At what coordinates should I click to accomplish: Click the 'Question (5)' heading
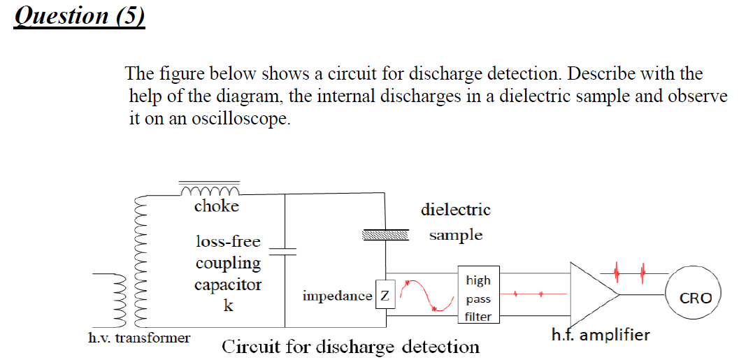pos(79,15)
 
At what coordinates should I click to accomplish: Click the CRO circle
pos(695,297)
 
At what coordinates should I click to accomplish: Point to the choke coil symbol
pos(210,191)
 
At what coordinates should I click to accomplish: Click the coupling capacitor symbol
pos(285,252)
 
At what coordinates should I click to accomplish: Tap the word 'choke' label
pos(216,206)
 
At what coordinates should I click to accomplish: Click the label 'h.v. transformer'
pos(139,338)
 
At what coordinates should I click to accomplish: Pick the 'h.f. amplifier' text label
pos(601,335)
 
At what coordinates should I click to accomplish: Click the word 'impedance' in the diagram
pos(337,296)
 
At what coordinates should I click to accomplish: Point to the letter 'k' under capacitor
pos(228,306)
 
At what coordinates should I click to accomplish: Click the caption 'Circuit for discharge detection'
pos(350,347)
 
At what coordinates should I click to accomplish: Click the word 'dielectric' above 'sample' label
pos(455,210)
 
